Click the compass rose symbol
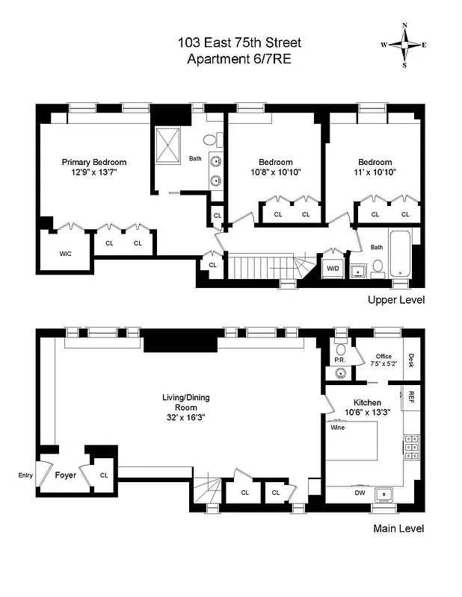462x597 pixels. click(x=404, y=44)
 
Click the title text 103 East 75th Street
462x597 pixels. click(x=239, y=43)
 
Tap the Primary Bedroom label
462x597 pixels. click(x=93, y=162)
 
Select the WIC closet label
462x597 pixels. click(x=66, y=254)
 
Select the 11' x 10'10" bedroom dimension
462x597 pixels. click(x=375, y=172)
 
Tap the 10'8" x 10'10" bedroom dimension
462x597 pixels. click(x=275, y=172)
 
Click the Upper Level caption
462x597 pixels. click(x=395, y=300)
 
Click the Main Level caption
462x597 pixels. click(x=398, y=528)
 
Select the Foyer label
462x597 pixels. click(x=67, y=474)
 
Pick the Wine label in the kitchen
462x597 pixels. click(x=337, y=428)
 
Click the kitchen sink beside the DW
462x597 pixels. click(x=386, y=493)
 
